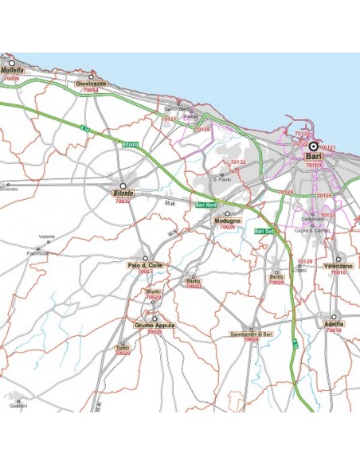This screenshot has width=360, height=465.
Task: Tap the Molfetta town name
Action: tap(14, 71)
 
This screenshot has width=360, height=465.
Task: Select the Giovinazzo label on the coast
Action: tap(91, 83)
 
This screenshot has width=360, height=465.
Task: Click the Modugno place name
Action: tap(227, 221)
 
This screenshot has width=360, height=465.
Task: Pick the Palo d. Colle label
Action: tap(145, 265)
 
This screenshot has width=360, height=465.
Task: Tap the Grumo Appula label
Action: tap(154, 325)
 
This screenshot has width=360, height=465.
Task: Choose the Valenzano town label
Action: tap(338, 266)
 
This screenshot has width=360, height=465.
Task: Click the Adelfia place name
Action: tap(335, 324)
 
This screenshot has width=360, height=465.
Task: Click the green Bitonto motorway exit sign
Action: tap(131, 143)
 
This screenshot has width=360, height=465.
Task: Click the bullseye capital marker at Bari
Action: tap(313, 147)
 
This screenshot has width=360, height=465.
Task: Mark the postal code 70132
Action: tap(238, 162)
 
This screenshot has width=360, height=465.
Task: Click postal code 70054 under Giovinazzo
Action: tap(91, 91)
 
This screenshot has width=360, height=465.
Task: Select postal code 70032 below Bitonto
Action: tap(123, 201)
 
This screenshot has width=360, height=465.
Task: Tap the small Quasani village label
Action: tap(18, 406)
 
